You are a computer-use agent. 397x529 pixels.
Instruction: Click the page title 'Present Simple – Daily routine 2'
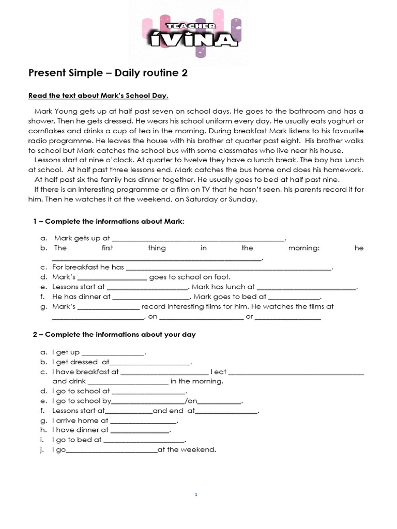(x=108, y=73)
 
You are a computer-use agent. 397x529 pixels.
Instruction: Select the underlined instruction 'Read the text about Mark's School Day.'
(x=98, y=97)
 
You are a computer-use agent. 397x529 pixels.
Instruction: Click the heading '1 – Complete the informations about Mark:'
(x=109, y=221)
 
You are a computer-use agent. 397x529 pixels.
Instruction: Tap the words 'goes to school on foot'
(x=190, y=277)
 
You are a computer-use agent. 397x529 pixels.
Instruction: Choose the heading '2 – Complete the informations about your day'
(x=114, y=335)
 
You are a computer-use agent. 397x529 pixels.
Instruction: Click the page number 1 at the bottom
(x=196, y=495)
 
